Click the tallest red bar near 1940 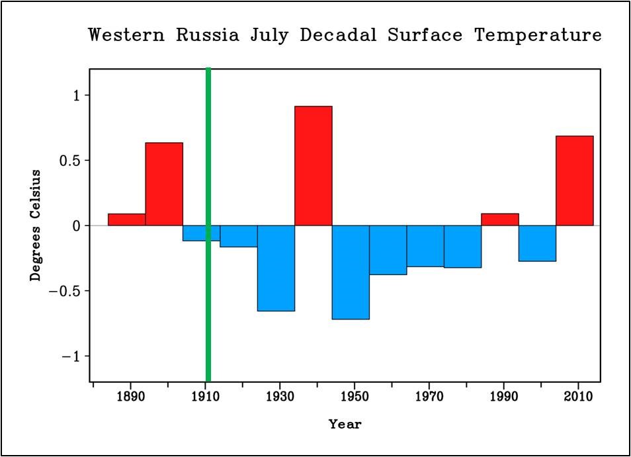pos(313,165)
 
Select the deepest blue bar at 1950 pos(351,272)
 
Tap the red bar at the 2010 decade pos(574,181)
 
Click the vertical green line pos(208,225)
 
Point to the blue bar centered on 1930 pos(276,268)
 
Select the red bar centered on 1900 pos(164,184)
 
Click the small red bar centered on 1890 pos(126,220)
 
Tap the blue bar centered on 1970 pos(425,246)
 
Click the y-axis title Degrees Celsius pos(36,225)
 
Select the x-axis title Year pos(345,425)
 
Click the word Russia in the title pos(207,35)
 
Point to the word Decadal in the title pos(338,35)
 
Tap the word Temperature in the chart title pos(537,35)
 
